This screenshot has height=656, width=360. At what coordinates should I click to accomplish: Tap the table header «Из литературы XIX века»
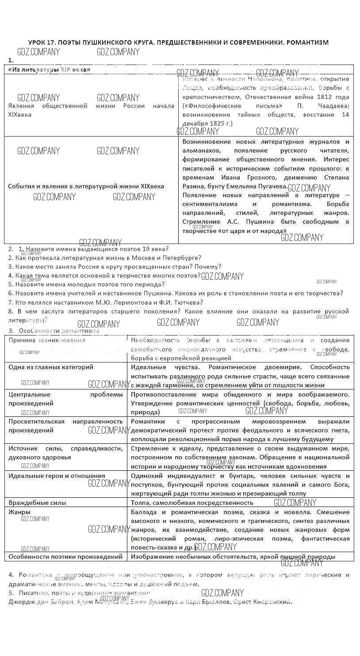pos(49,69)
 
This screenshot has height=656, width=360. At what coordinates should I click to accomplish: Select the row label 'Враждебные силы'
pos(37,503)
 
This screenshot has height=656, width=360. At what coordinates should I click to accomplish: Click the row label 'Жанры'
pos(19,512)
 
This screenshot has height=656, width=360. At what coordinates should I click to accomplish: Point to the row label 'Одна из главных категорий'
pos(51,367)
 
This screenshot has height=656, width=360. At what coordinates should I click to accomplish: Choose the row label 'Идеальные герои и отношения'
pos(57,476)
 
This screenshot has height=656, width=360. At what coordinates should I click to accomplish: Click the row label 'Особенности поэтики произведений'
pos(65,557)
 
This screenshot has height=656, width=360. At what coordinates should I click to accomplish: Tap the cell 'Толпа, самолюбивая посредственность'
pos(192,503)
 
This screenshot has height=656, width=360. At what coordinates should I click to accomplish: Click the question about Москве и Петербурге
pos(105,258)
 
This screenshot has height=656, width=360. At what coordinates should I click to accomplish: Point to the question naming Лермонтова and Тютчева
pos(105,302)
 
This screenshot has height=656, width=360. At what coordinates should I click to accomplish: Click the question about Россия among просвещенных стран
pos(115,267)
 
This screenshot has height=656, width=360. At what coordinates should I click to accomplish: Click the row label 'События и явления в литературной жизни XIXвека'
pos(86,186)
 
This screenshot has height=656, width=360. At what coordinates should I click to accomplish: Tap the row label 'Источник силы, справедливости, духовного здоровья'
pos(65,453)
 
